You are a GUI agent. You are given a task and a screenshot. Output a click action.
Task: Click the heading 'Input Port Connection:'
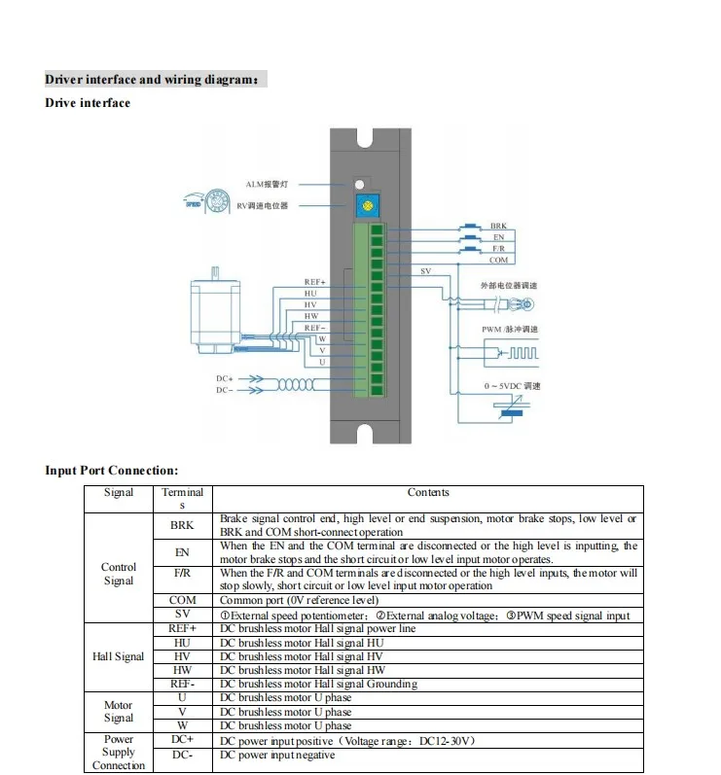pos(112,471)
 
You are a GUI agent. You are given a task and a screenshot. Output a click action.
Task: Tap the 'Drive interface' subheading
pos(88,103)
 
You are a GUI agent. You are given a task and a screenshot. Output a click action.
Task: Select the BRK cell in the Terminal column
pos(182,525)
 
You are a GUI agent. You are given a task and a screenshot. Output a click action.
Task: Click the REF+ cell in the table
pos(182,628)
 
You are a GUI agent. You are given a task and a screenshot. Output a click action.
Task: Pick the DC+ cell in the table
pos(182,741)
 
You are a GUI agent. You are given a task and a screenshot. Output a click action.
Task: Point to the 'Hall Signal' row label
pos(119,656)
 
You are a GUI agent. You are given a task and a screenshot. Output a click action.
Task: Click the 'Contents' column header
pos(428,493)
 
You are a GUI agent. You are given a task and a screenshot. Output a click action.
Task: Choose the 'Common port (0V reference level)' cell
pos(299,601)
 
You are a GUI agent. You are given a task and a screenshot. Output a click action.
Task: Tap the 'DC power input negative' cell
pos(277,755)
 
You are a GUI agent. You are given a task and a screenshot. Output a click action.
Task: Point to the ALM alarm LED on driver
pos(359,184)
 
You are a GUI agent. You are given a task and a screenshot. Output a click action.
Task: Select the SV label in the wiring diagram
pos(425,271)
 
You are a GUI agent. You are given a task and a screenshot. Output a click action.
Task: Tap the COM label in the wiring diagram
pos(498,261)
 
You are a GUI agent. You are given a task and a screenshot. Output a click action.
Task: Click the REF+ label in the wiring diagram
pos(314,282)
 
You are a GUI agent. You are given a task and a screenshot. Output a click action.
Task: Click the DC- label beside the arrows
pos(224,390)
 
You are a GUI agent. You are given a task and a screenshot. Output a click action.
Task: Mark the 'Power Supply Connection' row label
pos(119,752)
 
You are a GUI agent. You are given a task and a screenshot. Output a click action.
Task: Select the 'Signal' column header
pos(119,493)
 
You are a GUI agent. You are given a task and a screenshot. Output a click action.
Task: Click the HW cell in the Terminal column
pos(182,670)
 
